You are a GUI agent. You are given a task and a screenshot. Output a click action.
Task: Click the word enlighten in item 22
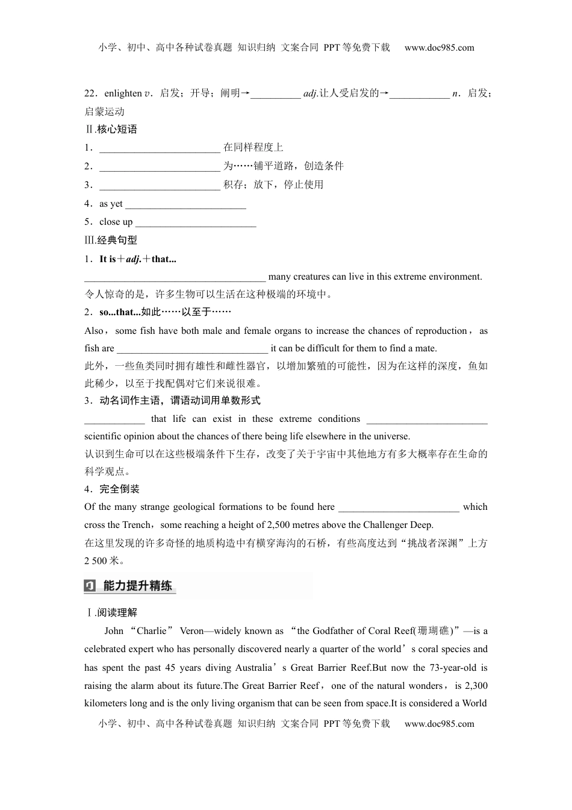123,93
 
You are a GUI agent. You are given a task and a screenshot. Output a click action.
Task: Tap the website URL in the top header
439,48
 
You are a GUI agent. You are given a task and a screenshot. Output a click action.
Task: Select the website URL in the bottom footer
439,724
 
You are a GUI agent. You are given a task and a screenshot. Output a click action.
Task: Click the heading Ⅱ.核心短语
111,129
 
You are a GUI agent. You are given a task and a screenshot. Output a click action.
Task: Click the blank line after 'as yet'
185,204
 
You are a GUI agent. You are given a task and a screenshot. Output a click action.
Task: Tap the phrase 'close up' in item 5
116,222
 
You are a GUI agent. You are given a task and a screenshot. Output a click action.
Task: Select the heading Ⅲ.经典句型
111,240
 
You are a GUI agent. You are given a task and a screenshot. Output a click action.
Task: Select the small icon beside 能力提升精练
90,585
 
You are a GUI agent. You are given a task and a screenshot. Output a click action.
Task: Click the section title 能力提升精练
138,585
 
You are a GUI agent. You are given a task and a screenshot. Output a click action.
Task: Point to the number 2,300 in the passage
476,686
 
